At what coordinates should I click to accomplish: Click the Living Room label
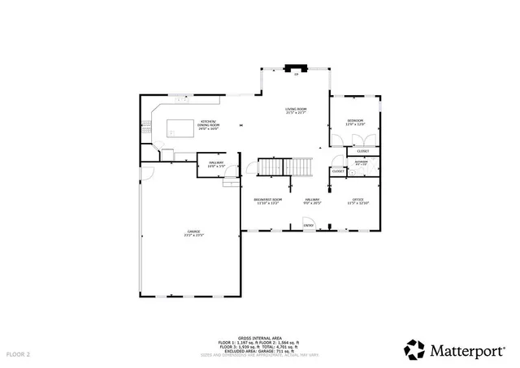296,109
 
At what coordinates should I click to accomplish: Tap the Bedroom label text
355,121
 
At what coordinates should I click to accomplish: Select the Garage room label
193,232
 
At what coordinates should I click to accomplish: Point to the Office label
357,199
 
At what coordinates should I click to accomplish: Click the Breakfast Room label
267,199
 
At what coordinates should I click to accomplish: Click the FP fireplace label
297,74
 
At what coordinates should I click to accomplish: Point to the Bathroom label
361,161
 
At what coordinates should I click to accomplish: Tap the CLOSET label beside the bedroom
362,151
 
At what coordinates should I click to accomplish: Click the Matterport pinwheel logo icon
415,349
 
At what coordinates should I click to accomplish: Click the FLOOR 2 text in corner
18,355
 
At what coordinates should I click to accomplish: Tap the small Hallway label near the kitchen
216,163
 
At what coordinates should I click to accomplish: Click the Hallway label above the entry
312,199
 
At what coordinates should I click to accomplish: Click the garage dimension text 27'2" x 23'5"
193,236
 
